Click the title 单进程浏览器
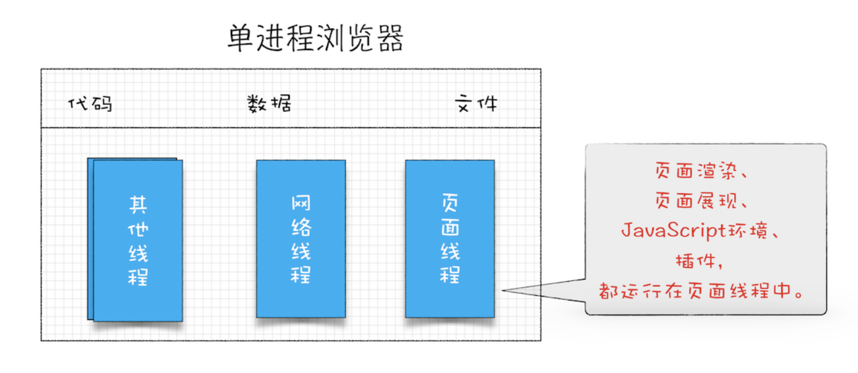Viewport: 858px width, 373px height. [x=316, y=38]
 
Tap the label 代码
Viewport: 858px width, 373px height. [x=91, y=103]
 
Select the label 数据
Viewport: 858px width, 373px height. [x=269, y=103]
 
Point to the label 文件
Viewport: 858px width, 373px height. [x=476, y=103]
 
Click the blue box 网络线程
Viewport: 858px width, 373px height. [x=301, y=239]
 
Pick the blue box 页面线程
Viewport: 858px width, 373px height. [x=450, y=239]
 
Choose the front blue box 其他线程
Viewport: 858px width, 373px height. [x=138, y=240]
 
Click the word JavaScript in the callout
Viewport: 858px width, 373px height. [x=673, y=230]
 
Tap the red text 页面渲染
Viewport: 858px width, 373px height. [x=695, y=170]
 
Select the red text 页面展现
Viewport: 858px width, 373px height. [x=695, y=200]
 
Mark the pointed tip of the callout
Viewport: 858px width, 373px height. [x=503, y=290]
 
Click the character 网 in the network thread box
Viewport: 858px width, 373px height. [x=301, y=203]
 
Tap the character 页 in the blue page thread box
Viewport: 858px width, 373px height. [x=450, y=203]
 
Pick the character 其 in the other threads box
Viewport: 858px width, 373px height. [x=138, y=205]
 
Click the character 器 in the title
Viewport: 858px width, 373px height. [x=391, y=38]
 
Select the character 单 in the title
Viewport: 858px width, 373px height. [x=241, y=38]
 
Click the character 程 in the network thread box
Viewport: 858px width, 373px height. [x=301, y=275]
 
